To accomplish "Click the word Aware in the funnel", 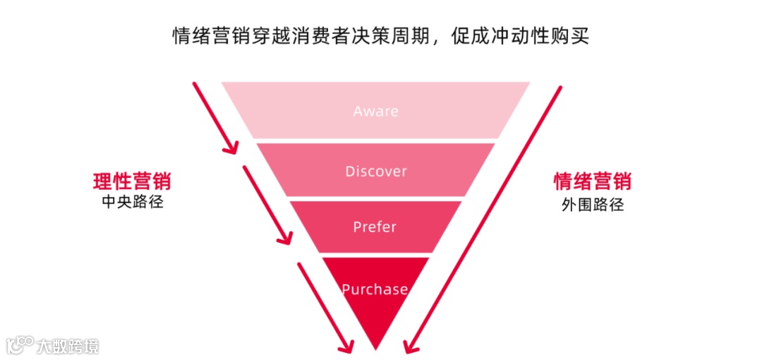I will pyautogui.click(x=375, y=112).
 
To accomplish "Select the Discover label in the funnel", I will pyautogui.click(x=375, y=172).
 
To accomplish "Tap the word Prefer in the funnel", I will pyautogui.click(x=375, y=227).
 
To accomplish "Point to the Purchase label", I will pyautogui.click(x=375, y=289).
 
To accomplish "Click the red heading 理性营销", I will pyautogui.click(x=132, y=181).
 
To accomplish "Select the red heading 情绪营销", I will pyautogui.click(x=592, y=181).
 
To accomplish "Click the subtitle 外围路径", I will pyautogui.click(x=592, y=205).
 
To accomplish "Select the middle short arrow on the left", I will pyautogui.click(x=267, y=205).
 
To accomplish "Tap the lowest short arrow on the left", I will pyautogui.click(x=325, y=306).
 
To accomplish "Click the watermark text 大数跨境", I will pyautogui.click(x=68, y=346).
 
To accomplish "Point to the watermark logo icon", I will pyautogui.click(x=20, y=344).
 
